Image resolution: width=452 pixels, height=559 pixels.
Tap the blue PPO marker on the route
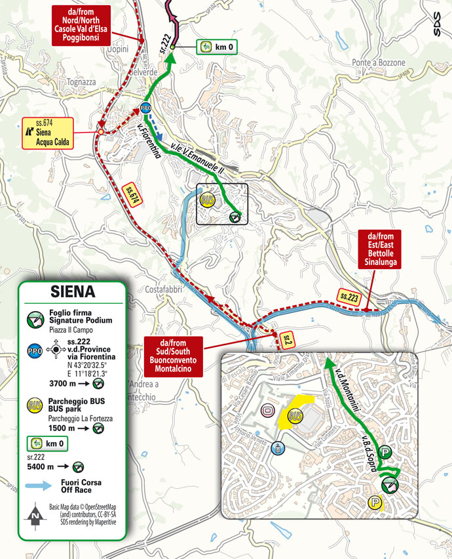pyautogui.click(x=145, y=108)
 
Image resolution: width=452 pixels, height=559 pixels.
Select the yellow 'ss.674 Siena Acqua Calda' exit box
pyautogui.click(x=48, y=133)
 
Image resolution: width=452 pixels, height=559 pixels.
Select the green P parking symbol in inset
pyautogui.click(x=386, y=451)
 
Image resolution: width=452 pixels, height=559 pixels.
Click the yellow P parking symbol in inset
pyautogui.click(x=376, y=503)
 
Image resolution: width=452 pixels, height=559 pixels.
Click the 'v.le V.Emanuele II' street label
pyautogui.click(x=197, y=161)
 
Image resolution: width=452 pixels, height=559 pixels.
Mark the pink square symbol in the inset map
pyautogui.click(x=267, y=411)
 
